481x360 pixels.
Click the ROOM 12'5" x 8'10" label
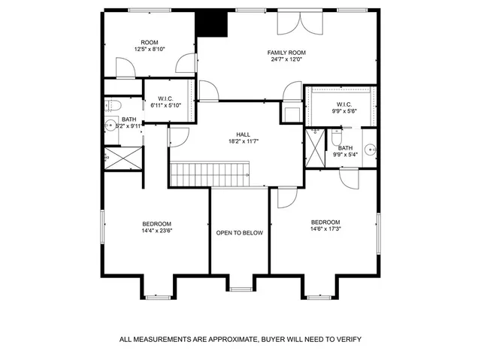pyautogui.click(x=149, y=46)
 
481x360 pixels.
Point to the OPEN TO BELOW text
pyautogui.click(x=240, y=233)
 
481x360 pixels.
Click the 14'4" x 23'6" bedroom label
pyautogui.click(x=156, y=228)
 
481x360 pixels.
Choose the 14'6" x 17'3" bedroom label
pyautogui.click(x=325, y=226)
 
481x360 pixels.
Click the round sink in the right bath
pyautogui.click(x=370, y=149)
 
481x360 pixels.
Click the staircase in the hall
pyautogui.click(x=210, y=174)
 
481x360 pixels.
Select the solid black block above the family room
pyautogui.click(x=211, y=23)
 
